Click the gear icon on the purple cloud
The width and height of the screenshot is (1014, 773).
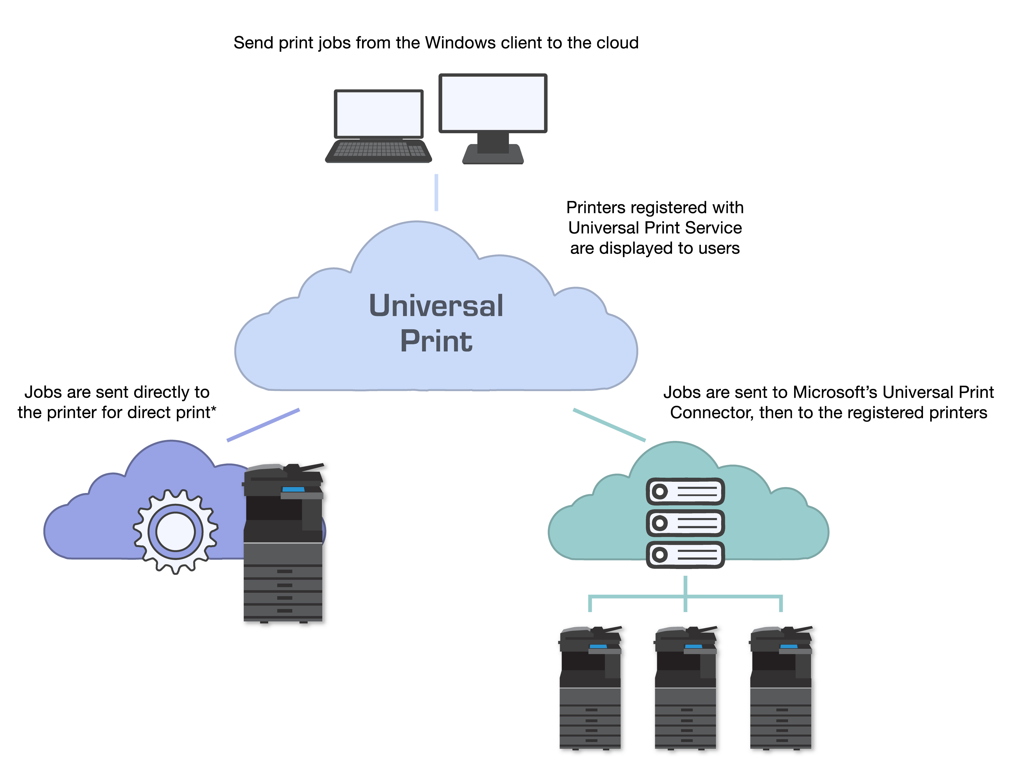click(x=175, y=531)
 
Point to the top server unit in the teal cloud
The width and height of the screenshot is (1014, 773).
click(x=685, y=491)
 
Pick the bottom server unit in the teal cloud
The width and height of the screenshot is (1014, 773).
click(x=685, y=554)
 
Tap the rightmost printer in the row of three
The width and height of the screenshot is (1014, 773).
click(x=781, y=688)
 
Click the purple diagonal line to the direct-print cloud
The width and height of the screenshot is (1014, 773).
click(x=263, y=425)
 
